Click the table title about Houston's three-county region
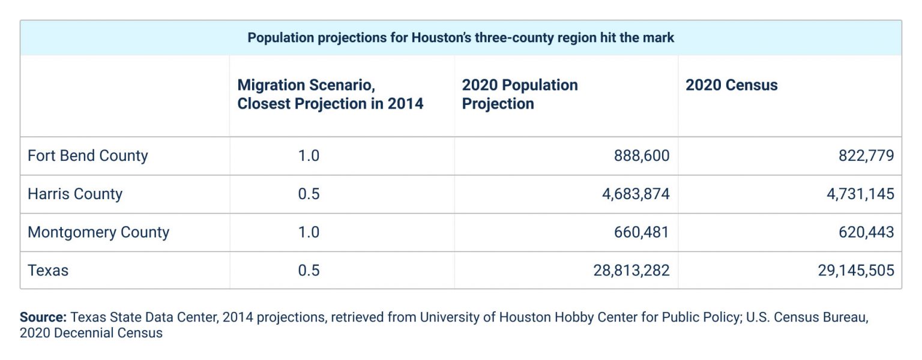pos(460,38)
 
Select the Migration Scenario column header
pos(330,94)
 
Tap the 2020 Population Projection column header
pos(519,94)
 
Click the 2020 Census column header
pos(731,85)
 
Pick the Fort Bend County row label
pos(88,156)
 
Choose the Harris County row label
pos(75,194)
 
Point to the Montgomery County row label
pos(98,232)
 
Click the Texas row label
pos(48,271)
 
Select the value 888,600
pos(641,156)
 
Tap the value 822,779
pos(866,156)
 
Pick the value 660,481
pos(641,232)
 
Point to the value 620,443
pos(866,232)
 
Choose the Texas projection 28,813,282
pos(631,271)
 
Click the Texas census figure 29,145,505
pos(856,271)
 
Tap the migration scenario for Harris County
pos(309,194)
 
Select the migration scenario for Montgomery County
pos(309,232)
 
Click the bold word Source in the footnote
pos(43,317)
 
